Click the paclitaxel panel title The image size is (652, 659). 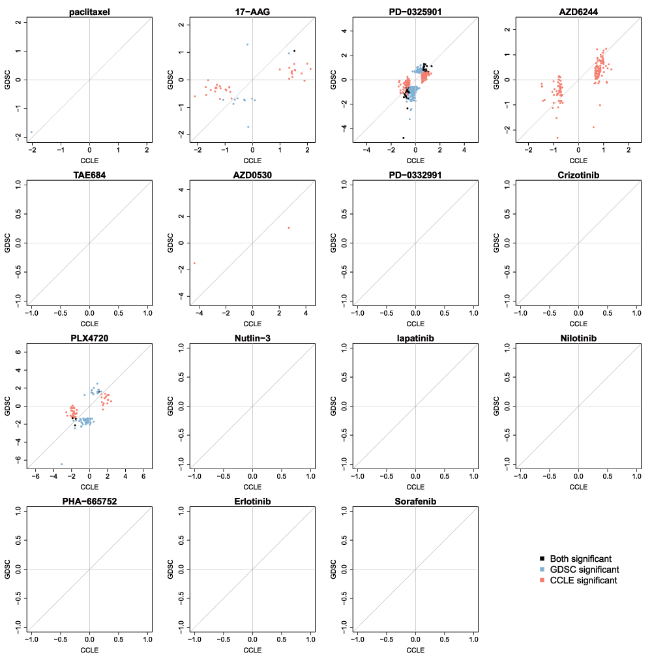[x=89, y=12]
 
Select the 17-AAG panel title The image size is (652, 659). [x=252, y=12]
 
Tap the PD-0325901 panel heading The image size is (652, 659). [x=415, y=12]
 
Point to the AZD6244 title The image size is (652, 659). [x=578, y=12]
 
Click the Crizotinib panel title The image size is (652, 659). [x=578, y=175]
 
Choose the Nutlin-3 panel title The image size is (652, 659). [x=252, y=338]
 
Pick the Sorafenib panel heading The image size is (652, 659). [x=415, y=501]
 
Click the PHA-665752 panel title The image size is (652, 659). [x=89, y=501]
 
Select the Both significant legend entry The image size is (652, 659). [x=580, y=559]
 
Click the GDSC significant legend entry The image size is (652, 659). [x=584, y=570]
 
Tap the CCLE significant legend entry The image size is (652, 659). [x=584, y=580]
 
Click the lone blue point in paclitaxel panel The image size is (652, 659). [x=31, y=132]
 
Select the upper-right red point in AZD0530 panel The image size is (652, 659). [x=288, y=228]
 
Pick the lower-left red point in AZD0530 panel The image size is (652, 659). [x=194, y=263]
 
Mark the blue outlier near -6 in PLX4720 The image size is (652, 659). [x=61, y=464]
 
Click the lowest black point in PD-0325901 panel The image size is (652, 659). [x=404, y=138]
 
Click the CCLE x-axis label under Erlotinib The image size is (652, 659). [x=252, y=650]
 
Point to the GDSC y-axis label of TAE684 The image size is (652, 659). [x=8, y=243]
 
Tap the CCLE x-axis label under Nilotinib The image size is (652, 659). [x=578, y=487]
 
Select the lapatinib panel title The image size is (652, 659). [x=415, y=338]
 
